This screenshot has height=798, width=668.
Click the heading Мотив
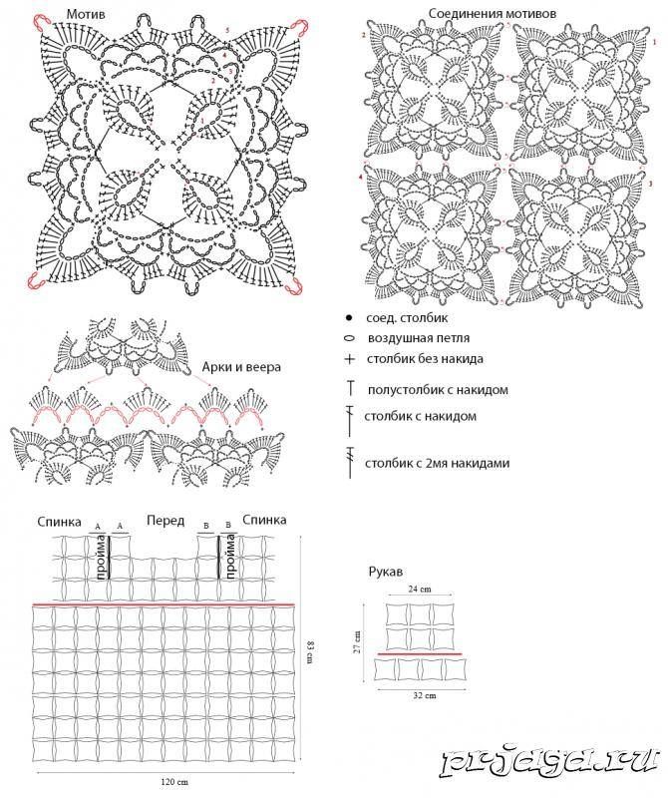coord(88,13)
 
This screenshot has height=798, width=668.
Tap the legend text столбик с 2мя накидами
coord(438,463)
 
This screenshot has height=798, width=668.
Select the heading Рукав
coord(384,572)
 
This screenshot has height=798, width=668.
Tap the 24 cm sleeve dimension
coord(420,591)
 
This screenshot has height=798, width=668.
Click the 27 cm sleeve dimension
coord(357,640)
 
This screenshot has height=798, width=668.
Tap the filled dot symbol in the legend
coord(348,317)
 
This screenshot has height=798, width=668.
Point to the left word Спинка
coord(60,521)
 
